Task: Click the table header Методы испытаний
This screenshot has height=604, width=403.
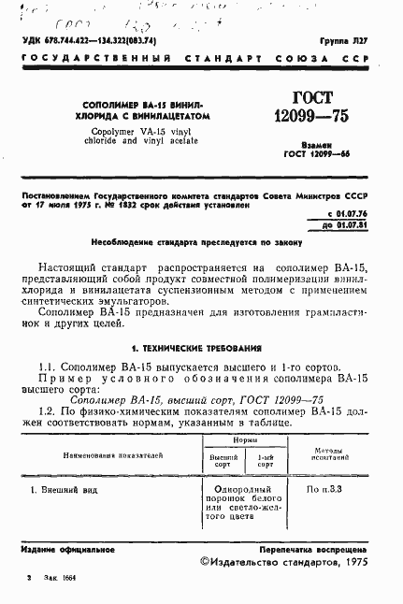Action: [x=341, y=454]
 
